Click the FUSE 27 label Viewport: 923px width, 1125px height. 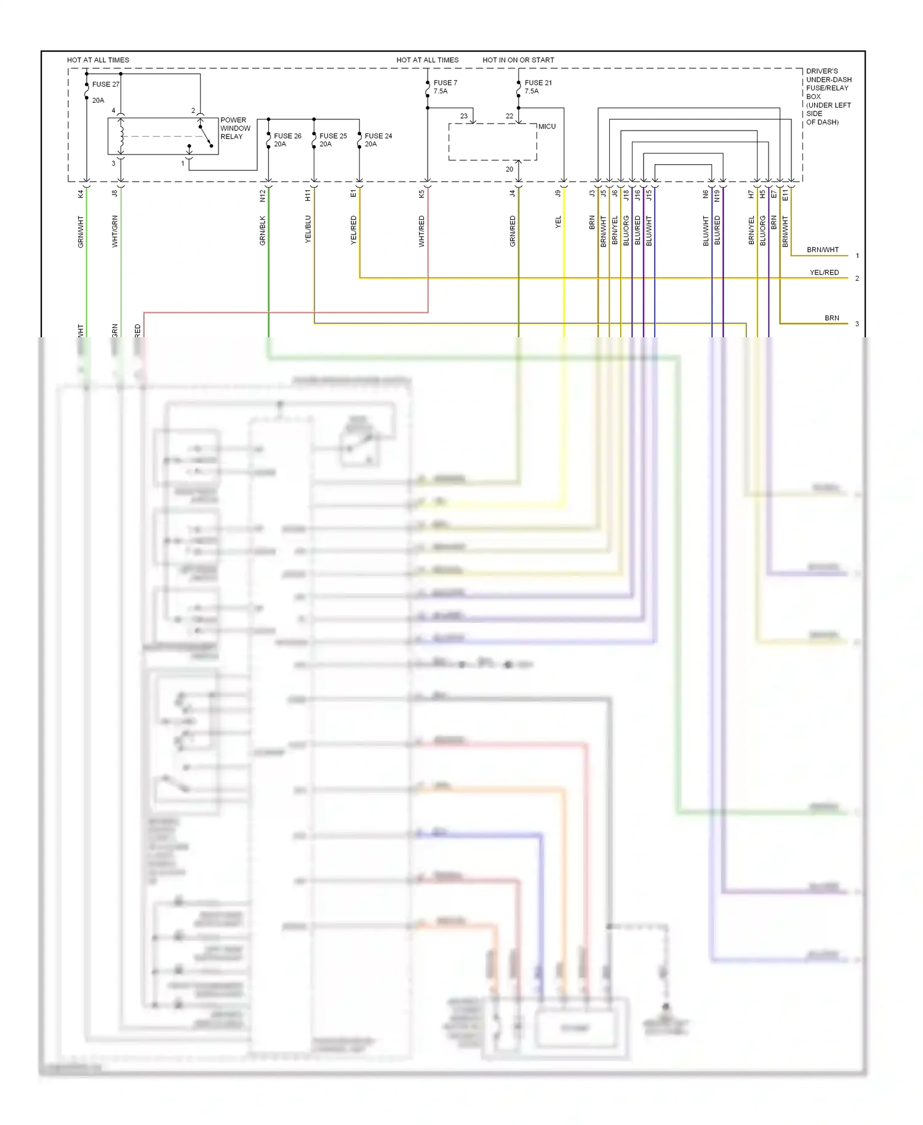click(105, 84)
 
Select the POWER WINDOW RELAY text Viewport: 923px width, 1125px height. click(235, 129)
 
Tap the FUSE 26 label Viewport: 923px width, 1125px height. click(287, 136)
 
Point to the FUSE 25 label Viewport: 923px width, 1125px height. click(333, 136)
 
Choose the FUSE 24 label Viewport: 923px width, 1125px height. click(378, 136)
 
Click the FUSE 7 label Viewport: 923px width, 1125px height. click(445, 82)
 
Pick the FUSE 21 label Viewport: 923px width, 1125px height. click(538, 82)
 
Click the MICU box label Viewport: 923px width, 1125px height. click(546, 127)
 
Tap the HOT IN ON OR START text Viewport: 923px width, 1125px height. click(518, 60)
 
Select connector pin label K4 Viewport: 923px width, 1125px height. click(81, 194)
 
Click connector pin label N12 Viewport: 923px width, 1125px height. click(263, 196)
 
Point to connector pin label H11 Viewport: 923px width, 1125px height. click(308, 195)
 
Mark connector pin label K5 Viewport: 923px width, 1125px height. click(422, 194)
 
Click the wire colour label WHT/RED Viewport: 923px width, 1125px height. click(422, 231)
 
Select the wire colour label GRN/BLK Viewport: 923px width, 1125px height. click(263, 231)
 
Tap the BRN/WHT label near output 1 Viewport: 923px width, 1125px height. click(823, 250)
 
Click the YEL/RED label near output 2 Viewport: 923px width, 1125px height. click(824, 273)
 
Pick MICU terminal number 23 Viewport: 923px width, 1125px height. click(463, 116)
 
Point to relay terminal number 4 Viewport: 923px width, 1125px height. click(113, 111)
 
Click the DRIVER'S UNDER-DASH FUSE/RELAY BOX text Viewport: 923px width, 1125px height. click(828, 97)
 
